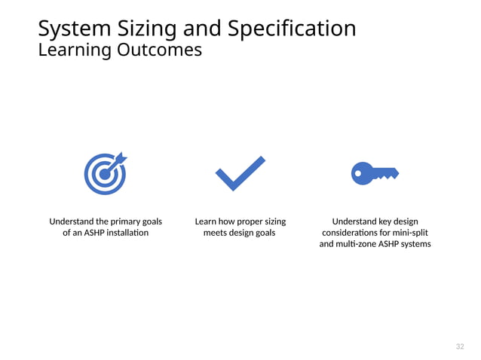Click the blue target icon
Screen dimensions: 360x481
pos(105,174)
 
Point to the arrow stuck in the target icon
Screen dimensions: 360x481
pos(119,160)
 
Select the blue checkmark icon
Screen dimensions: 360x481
pos(240,173)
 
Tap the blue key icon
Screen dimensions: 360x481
pos(375,173)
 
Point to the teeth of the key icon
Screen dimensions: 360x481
pos(386,176)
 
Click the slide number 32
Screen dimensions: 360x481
pos(460,346)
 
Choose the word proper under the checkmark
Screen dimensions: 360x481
pos(250,221)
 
